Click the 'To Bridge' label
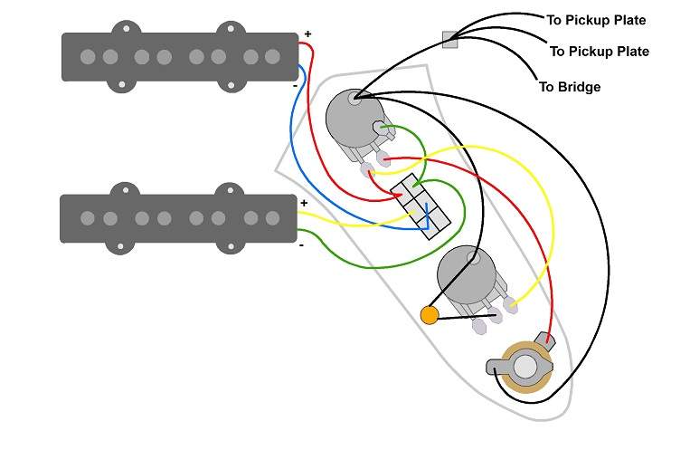pos(570,87)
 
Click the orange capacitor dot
pos(430,316)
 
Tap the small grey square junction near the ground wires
pos(449,40)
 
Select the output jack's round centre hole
pos(525,367)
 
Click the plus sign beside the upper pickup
pos(307,34)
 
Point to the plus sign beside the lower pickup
pos(304,203)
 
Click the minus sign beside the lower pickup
pos(301,245)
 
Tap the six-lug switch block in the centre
pos(421,206)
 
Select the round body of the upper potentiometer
pos(354,118)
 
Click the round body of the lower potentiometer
pos(467,275)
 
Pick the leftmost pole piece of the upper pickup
pos(88,56)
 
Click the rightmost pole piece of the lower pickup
pos(272,217)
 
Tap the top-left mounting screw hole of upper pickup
pos(127,29)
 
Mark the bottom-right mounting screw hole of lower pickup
pos(230,246)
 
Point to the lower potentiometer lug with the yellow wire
pos(509,304)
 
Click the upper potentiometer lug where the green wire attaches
pos(381,129)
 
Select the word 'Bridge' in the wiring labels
pos(579,87)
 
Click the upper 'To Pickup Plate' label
pos(596,20)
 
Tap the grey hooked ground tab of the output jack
pos(494,367)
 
